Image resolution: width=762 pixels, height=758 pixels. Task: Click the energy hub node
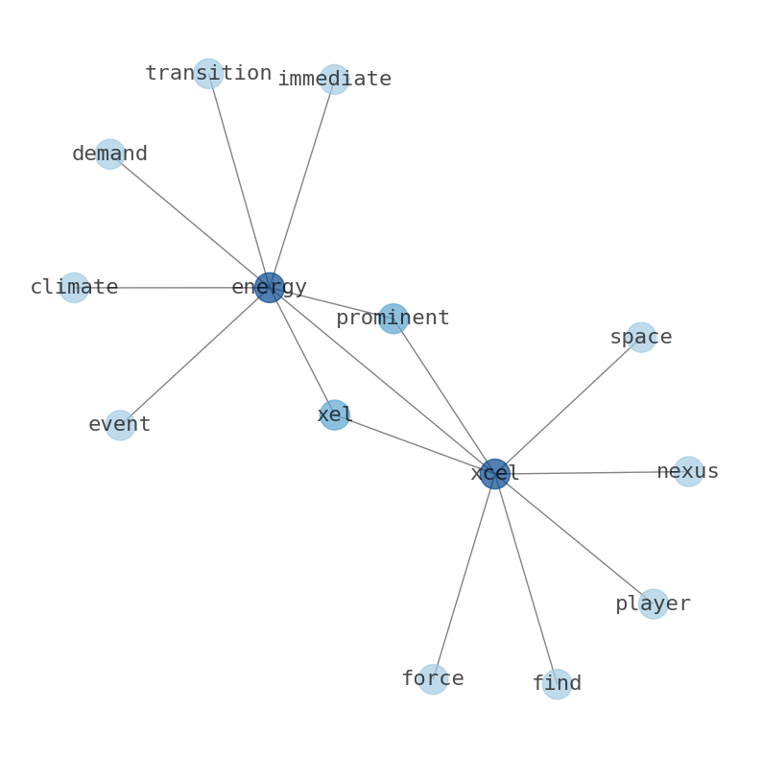270,288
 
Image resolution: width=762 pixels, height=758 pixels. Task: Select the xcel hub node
495,474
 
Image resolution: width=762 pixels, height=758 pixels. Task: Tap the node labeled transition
208,73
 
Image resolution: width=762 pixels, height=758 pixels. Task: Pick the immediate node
334,80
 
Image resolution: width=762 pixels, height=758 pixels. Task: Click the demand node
109,154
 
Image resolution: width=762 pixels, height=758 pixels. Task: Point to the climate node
74,288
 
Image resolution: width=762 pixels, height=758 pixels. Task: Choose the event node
120,425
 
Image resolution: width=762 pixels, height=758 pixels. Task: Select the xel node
334,415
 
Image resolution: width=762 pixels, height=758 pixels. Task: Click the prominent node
393,319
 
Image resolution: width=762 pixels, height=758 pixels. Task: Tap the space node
641,337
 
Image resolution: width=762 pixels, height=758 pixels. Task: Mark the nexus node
689,472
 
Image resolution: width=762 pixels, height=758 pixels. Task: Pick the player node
654,604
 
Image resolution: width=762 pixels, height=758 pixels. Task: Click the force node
433,679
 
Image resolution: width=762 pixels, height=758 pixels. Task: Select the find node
557,684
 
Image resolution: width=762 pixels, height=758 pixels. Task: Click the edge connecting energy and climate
172,288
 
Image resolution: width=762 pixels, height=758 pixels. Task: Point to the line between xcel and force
464,577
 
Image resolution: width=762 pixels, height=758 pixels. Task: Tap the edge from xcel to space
568,405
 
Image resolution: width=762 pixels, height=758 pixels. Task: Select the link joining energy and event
195,356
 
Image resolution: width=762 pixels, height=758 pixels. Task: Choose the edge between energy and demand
189,221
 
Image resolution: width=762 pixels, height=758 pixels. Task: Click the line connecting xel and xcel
415,444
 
